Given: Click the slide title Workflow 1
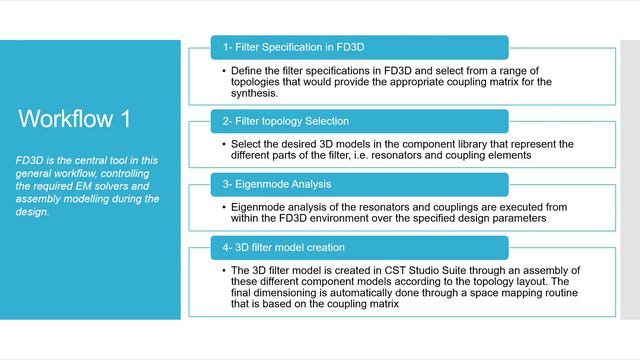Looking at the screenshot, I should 74,119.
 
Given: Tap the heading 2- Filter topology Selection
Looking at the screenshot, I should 286,121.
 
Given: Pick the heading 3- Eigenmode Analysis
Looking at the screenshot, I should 275,184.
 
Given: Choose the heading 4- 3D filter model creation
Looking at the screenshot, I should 284,246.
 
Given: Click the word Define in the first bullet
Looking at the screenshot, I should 248,71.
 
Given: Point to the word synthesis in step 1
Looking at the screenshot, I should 253,94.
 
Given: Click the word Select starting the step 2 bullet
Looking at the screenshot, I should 247,144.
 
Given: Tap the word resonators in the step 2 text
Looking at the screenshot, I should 446,156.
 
